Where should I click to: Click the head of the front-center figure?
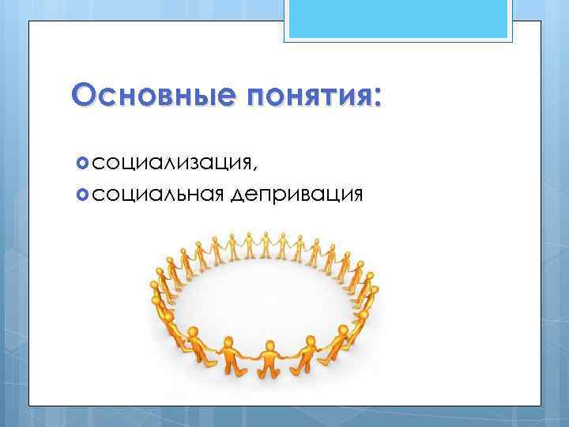click(x=269, y=346)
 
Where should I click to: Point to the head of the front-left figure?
click(x=229, y=342)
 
